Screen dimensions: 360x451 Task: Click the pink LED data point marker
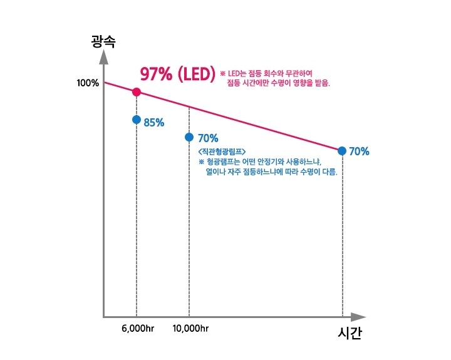pos(137,92)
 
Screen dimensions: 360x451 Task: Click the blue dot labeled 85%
pos(137,120)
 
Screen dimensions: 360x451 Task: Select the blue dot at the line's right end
pos(342,151)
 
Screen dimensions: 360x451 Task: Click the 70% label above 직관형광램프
pos(207,138)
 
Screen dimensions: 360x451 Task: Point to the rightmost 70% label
pos(359,152)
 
